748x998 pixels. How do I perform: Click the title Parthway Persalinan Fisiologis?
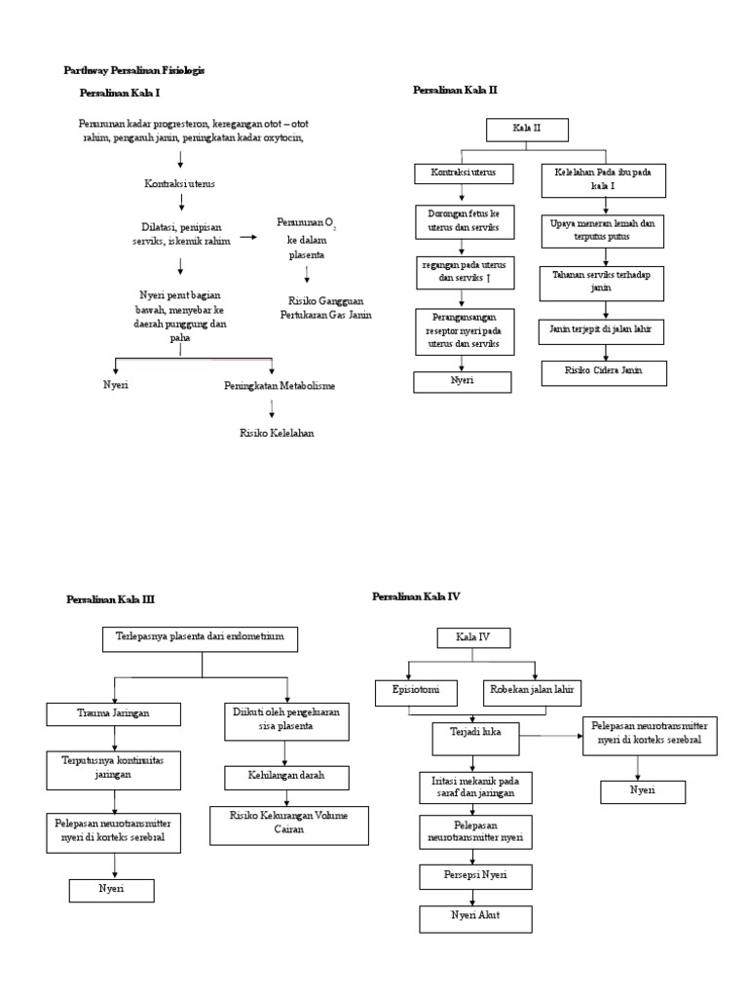pos(133,71)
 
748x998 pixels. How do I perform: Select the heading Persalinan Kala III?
pos(110,599)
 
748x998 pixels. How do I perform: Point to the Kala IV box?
pos(472,638)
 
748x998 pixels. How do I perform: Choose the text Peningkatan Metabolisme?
pos(279,386)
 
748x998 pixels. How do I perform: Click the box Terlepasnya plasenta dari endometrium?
pos(200,638)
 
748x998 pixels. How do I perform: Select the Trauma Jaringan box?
pos(114,714)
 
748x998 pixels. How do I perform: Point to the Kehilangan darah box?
pos(285,777)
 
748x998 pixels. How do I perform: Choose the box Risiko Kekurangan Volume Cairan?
pos(287,823)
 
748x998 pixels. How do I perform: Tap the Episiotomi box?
pos(417,692)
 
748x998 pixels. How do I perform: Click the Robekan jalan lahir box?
pos(530,692)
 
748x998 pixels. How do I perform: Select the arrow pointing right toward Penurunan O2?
pos(248,237)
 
